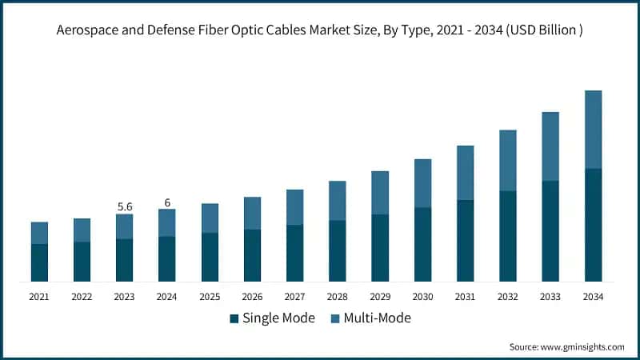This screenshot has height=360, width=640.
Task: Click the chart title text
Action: pyautogui.click(x=320, y=31)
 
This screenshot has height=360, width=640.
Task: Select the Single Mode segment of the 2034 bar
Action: pyautogui.click(x=593, y=225)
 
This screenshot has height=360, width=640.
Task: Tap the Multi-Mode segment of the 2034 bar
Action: pyautogui.click(x=593, y=130)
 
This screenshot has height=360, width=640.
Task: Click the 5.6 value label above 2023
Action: pyautogui.click(x=125, y=206)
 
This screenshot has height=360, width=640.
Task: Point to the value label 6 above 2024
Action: pyautogui.click(x=167, y=202)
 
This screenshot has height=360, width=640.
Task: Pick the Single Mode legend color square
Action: pyautogui.click(x=234, y=318)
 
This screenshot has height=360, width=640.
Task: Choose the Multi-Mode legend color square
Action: pyautogui.click(x=332, y=318)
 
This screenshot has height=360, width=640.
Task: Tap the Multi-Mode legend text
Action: pyautogui.click(x=377, y=318)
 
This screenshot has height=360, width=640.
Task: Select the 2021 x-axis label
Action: pyautogui.click(x=39, y=296)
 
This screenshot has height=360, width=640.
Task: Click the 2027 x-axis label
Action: pyautogui.click(x=294, y=296)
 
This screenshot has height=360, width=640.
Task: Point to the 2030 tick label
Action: pyautogui.click(x=422, y=296)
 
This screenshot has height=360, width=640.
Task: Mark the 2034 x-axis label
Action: pyautogui.click(x=593, y=296)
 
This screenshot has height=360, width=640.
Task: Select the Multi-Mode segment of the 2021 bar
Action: pyautogui.click(x=39, y=233)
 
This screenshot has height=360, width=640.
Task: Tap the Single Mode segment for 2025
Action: pyautogui.click(x=210, y=257)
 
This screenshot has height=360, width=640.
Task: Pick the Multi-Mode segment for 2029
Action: pyautogui.click(x=380, y=193)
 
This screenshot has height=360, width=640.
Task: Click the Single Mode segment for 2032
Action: pyautogui.click(x=508, y=236)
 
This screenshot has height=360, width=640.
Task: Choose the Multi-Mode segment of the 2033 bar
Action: pyautogui.click(x=550, y=146)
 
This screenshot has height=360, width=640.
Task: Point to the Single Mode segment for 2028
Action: pyautogui.click(x=338, y=250)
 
